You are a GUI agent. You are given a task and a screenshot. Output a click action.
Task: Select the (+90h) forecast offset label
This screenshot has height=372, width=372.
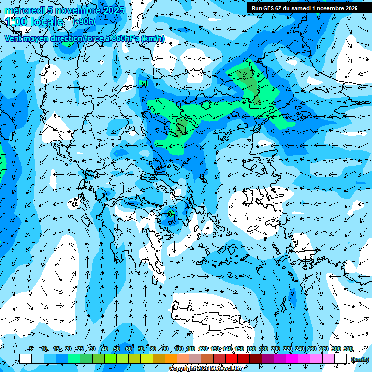tap(84, 21)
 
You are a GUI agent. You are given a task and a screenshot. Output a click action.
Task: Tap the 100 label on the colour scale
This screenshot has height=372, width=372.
tap(179, 349)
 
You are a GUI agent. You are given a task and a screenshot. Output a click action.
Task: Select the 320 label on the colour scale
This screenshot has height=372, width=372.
tap(348, 349)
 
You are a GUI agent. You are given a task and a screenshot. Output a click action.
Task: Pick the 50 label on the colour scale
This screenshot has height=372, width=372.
tap(117, 349)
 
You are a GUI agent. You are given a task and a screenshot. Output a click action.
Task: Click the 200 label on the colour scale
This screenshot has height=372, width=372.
tap(276, 349)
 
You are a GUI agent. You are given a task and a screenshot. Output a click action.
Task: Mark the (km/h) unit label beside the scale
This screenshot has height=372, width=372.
tap(359, 359)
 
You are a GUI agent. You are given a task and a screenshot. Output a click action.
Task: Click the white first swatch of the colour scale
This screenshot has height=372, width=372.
tap(26, 359)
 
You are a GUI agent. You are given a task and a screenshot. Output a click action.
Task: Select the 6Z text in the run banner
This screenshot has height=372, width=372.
tap(279, 8)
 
